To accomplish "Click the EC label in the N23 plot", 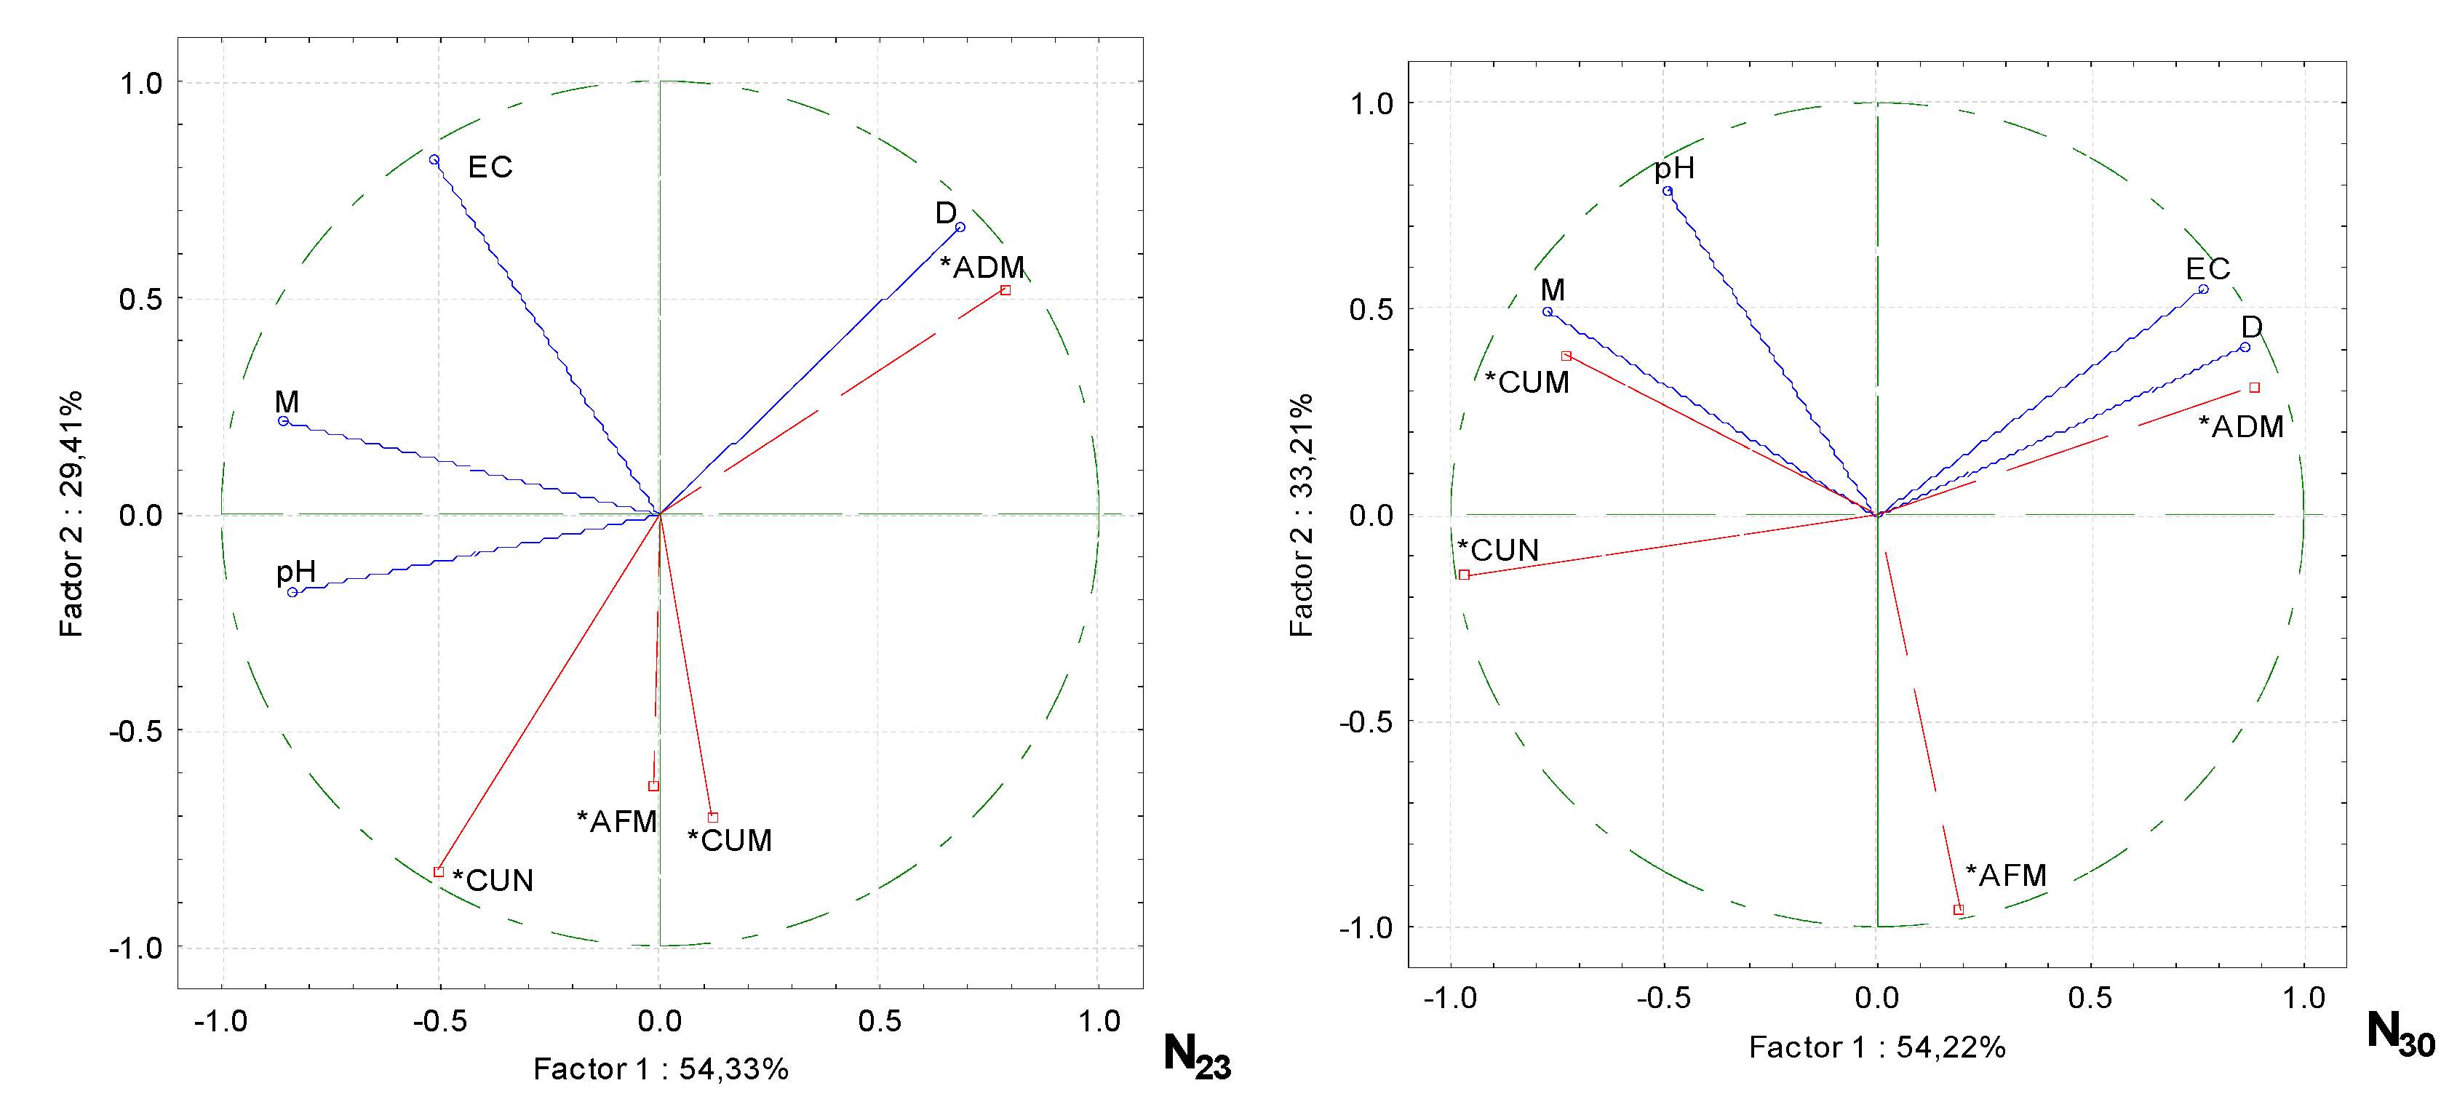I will point(490,168).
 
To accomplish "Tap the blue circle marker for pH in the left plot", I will point(292,592).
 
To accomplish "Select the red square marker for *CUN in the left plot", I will point(439,871).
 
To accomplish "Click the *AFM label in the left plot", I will point(617,821).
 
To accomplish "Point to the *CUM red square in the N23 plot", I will point(712,817).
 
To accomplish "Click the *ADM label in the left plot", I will point(982,267).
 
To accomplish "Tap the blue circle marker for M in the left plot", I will point(283,420).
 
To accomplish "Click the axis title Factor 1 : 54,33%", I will point(660,1069).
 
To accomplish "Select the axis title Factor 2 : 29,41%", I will point(71,514).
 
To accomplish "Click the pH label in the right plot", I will point(1674,169).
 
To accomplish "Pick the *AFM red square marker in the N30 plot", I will point(1958,910).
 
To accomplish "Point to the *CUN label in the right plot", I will point(1497,550).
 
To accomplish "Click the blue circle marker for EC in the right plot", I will point(2203,289).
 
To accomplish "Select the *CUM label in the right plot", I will point(1527,383).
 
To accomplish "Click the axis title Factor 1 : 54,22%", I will point(1876,1047).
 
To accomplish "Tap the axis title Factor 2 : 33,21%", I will point(1301,515).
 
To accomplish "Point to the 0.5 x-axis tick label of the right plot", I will point(2089,999).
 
